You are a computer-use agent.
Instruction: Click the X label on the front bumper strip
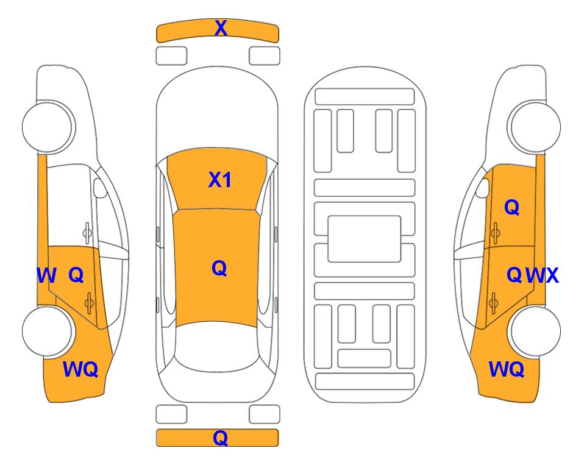point(221,28)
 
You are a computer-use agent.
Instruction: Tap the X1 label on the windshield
point(220,180)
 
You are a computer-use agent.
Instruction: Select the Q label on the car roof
point(219,268)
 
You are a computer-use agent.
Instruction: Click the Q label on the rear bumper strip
point(220,438)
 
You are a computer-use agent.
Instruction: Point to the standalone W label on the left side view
point(46,275)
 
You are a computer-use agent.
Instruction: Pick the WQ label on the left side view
point(80,369)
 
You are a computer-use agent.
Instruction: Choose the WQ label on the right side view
point(507,369)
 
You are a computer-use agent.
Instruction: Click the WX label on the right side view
point(542,275)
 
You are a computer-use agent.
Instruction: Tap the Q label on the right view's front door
point(512,207)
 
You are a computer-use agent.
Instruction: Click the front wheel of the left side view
point(48,127)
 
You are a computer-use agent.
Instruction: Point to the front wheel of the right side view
point(534,127)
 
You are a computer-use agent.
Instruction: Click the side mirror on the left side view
point(100,188)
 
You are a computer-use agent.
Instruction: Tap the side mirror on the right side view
point(483,188)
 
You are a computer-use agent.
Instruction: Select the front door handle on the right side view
point(495,233)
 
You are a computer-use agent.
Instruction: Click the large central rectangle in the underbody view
point(365,239)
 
